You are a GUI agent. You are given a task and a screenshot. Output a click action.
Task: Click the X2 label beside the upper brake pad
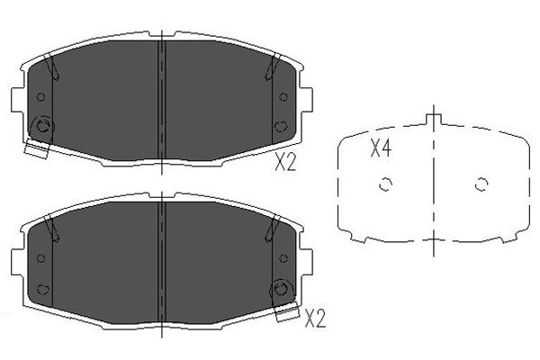click(285, 162)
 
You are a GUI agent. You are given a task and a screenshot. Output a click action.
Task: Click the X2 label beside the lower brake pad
click(315, 319)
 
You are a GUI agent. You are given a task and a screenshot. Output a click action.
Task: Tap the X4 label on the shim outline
click(381, 148)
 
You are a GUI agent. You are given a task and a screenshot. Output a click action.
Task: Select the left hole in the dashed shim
click(386, 184)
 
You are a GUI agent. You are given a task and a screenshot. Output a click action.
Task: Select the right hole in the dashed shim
click(481, 184)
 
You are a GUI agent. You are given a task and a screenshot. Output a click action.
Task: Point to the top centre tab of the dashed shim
click(433, 119)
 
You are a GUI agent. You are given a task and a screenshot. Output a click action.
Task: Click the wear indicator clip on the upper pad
click(37, 148)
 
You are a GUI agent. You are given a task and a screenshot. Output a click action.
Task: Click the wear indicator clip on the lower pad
click(287, 311)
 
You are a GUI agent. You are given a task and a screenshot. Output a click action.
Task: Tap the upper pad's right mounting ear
click(306, 100)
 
